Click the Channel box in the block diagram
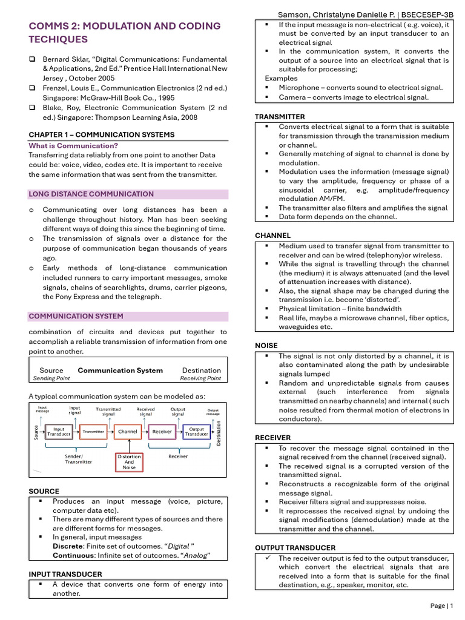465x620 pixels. (128, 432)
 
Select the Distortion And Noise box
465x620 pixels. (129, 462)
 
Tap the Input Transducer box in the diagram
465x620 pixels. (59, 432)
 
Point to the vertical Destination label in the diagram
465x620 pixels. (219, 433)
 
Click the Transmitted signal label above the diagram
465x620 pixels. (108, 412)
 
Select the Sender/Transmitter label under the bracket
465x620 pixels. (78, 458)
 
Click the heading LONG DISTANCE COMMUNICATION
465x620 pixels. (91, 194)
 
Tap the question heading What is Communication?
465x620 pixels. (73, 146)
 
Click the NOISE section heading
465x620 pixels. (266, 346)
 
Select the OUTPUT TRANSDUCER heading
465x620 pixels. (295, 548)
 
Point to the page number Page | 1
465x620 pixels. (441, 605)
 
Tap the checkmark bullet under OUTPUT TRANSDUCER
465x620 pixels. (266, 558)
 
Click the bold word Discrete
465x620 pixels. (68, 546)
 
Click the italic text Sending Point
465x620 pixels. (51, 378)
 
